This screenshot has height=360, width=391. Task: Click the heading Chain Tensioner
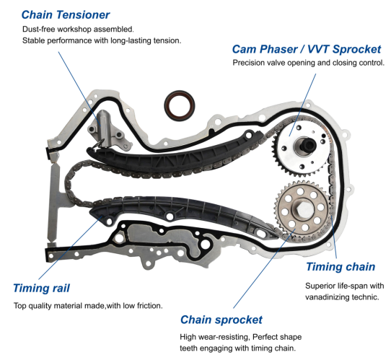66,14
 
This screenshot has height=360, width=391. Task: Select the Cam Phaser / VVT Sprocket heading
306,49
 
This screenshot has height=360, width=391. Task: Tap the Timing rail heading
41,289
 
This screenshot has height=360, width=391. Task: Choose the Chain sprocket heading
221,320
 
